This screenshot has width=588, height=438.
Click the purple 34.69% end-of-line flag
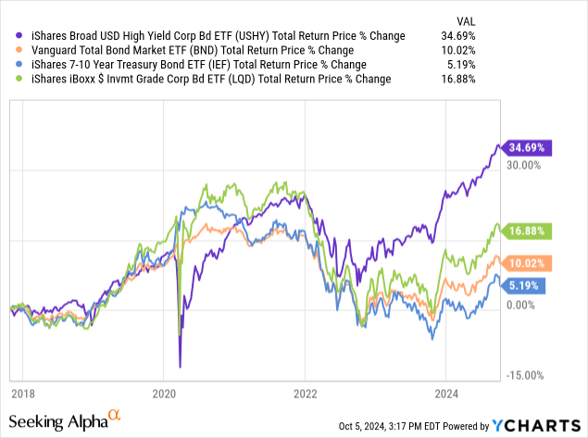click(526, 147)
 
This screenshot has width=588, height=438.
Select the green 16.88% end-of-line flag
click(526, 231)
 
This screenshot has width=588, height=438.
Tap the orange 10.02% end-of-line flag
click(526, 263)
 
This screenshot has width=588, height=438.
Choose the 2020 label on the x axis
click(163, 392)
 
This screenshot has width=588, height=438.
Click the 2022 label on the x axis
click(305, 392)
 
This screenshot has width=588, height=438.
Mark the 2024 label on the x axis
click(446, 392)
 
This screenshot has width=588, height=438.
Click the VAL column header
click(544, 19)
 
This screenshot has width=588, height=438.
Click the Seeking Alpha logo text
click(63, 421)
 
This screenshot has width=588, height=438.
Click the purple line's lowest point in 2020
click(180, 366)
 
